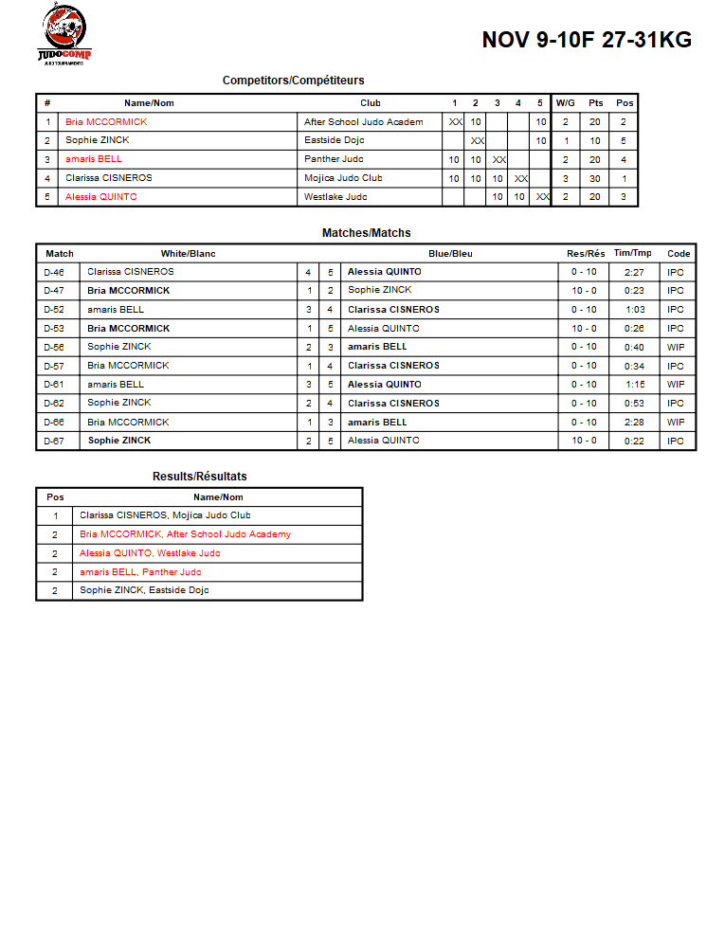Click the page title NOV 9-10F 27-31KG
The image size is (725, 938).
tap(587, 40)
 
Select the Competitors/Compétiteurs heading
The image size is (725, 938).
tap(293, 81)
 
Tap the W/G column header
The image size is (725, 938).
tap(565, 103)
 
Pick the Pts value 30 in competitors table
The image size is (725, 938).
tap(595, 178)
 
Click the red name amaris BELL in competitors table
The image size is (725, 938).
tap(94, 159)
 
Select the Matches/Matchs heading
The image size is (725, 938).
tap(366, 233)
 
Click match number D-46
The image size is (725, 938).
tap(55, 272)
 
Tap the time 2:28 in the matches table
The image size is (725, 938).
tap(634, 423)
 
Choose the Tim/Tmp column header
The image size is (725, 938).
tap(633, 254)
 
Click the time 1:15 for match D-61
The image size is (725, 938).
tap(634, 385)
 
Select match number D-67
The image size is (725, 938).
tap(55, 441)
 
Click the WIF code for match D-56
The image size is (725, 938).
tap(676, 347)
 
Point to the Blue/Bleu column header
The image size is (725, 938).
tap(450, 254)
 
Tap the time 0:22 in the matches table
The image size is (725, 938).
tap(634, 441)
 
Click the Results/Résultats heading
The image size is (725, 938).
tap(199, 477)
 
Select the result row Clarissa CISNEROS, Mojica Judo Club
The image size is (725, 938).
tap(165, 515)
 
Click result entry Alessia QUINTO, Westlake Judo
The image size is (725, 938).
tap(150, 553)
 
